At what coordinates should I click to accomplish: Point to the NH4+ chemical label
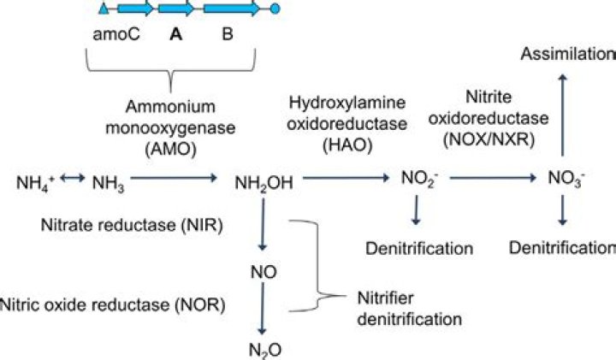(x=36, y=181)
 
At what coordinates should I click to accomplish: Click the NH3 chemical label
(x=107, y=181)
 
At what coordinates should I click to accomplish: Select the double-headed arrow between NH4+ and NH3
(x=71, y=179)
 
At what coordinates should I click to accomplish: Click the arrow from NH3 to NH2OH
(x=175, y=179)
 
